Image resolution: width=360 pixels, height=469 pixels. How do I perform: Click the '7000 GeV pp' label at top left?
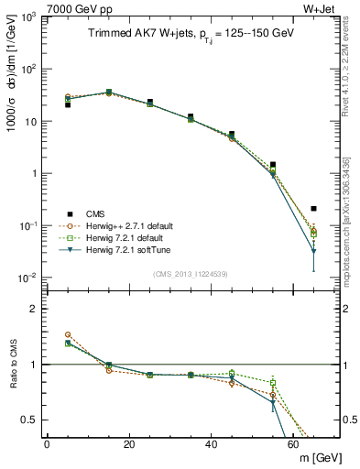38,7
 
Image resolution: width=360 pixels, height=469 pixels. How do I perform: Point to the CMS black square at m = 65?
314,209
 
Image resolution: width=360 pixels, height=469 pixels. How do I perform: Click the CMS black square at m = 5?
68,104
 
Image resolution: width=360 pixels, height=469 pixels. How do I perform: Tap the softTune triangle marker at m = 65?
314,251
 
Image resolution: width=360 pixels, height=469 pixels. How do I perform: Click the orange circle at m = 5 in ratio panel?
68,334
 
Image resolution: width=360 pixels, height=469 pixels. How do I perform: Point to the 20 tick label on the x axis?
129,444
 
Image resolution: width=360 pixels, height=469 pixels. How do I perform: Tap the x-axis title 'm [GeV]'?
318,457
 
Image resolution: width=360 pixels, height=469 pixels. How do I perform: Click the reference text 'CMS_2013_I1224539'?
191,274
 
